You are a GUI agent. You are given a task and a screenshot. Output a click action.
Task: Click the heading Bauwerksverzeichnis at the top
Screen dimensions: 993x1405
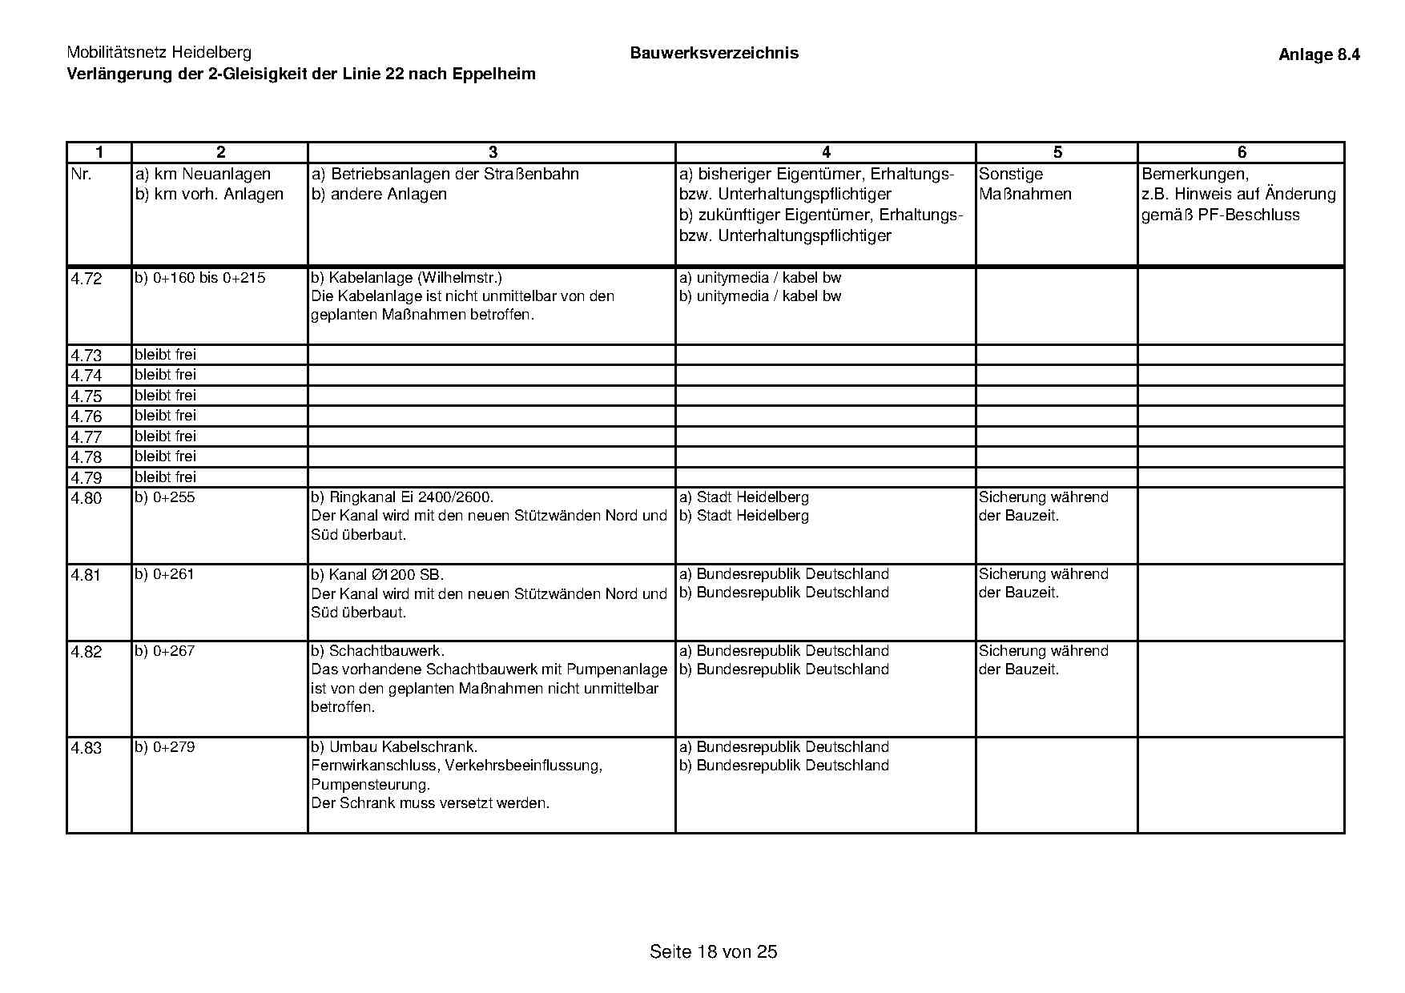pos(714,54)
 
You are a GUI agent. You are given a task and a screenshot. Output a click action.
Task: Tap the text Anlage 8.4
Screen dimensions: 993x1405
pos(1318,55)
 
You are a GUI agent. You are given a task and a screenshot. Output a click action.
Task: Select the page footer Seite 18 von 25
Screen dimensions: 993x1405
pos(713,952)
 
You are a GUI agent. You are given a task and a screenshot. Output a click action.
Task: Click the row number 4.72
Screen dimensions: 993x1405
pos(87,279)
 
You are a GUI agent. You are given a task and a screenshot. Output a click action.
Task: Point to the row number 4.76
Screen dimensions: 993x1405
pos(87,416)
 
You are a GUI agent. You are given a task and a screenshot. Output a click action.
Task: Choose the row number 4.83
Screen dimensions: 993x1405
pos(87,749)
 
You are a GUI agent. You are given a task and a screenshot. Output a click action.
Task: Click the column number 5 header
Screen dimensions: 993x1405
pos(1057,152)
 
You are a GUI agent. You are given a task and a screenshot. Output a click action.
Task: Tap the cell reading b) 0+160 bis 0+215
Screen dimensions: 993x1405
pos(200,278)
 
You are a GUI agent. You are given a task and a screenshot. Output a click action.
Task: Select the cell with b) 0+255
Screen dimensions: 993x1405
pos(164,497)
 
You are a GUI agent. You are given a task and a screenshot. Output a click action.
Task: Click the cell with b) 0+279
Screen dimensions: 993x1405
pos(164,747)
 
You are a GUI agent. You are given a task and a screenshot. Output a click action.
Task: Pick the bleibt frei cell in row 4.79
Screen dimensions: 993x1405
pos(165,477)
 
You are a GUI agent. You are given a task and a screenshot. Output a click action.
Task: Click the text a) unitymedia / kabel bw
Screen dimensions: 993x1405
pos(759,278)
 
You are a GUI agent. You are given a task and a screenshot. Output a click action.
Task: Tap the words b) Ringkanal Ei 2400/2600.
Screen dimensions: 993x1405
pos(402,497)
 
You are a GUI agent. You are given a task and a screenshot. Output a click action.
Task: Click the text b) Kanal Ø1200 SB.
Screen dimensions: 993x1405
pos(377,575)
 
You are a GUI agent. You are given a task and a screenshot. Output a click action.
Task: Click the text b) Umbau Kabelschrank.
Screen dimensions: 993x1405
pos(394,747)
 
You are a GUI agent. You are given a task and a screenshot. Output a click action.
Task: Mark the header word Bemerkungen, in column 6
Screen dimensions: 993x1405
pos(1195,174)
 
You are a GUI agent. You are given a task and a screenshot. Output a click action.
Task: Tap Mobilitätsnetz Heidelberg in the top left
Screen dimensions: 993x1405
pos(159,53)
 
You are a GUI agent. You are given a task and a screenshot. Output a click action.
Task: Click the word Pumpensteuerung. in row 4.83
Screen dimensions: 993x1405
pos(370,785)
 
